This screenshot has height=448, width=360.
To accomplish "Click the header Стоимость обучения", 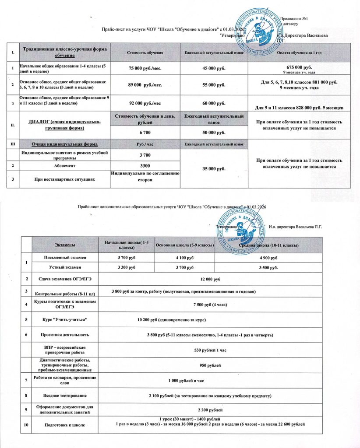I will pos(145,53).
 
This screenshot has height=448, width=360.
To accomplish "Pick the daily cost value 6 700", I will pos(145,132).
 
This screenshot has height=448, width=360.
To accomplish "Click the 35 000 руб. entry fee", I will pos(214,168).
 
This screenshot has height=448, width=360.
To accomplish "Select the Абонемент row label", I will pos(64,166).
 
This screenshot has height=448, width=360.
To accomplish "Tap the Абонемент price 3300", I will pos(145,166).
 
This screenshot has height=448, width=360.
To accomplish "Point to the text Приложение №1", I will pos(295,19).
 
